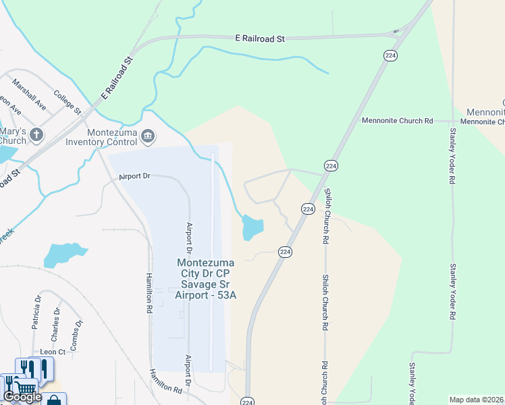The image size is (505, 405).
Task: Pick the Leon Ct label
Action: (53, 352)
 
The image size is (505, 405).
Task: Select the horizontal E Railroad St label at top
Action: (260, 39)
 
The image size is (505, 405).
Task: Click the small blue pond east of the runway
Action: (252, 227)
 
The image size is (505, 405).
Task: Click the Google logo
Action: (22, 397)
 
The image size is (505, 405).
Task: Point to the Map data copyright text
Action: (477, 400)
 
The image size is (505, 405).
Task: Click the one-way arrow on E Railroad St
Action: (397, 31)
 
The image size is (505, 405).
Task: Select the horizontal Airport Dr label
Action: (134, 177)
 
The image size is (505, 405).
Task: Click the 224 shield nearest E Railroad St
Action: (390, 56)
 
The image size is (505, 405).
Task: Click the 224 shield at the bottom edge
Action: (247, 400)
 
